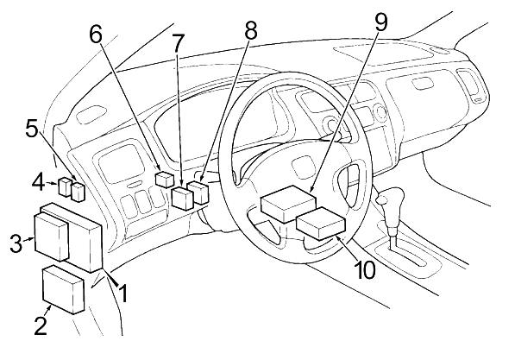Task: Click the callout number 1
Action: coord(123,294)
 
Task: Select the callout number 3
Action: coord(16,243)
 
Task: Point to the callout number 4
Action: coord(38,183)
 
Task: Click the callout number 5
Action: coord(32,129)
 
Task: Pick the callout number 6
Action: coord(96,35)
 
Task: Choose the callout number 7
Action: coord(177,43)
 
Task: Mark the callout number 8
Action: coord(250,30)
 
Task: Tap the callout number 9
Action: coord(380,22)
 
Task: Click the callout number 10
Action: coord(365,269)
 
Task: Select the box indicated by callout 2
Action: coord(64,289)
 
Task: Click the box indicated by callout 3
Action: coord(52,237)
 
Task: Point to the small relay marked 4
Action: coord(65,186)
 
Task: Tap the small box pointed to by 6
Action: coord(164,180)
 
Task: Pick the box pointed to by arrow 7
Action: coord(183,198)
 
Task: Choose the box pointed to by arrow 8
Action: coord(198,193)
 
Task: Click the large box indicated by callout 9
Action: coord(288,204)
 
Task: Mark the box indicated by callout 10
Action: coord(321,224)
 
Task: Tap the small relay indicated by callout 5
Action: coord(79,193)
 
